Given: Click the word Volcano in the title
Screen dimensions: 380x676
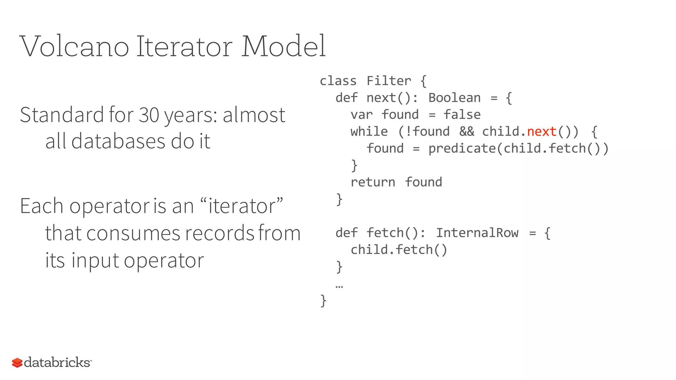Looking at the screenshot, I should coord(74,46).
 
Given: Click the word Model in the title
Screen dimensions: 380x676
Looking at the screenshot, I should coord(283,46).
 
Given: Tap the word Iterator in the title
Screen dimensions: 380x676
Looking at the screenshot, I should coord(185,46).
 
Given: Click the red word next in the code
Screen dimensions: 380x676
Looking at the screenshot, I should coord(542,132).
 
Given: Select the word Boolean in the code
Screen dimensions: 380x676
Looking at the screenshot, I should coord(454,98).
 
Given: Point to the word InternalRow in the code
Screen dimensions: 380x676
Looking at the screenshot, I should coord(477,233).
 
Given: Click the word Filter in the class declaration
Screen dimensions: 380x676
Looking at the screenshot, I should coord(389,81).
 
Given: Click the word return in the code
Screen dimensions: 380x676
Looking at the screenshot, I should coord(373,182).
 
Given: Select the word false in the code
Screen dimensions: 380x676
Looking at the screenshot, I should coord(462,115).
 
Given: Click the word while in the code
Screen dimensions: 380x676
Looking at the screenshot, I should coord(369,132).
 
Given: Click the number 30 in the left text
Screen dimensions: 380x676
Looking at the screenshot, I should coord(149,115).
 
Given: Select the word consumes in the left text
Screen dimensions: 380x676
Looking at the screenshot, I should coord(133,233).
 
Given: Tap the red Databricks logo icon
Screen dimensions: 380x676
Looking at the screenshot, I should coord(17,363).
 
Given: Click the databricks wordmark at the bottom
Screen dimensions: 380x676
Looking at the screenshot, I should coord(57,362).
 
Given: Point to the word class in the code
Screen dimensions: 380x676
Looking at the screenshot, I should coord(338,81).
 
